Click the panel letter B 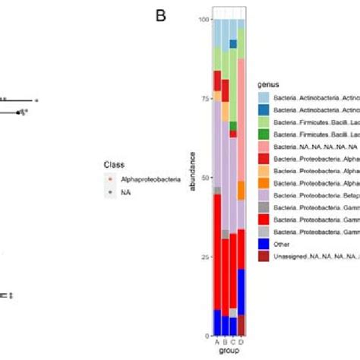pos(160,14)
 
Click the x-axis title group pos(229,352)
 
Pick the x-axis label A pos(217,342)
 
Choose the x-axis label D pos(242,342)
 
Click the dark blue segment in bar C pos(233,44)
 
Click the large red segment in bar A pos(217,251)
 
